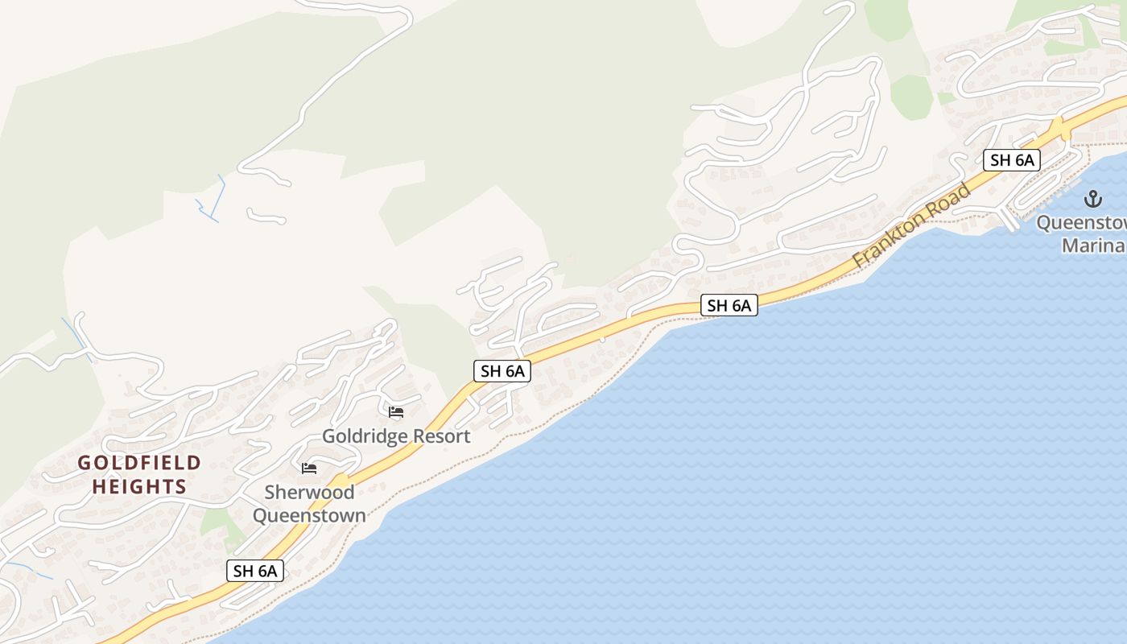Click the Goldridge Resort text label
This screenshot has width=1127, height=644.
point(396,436)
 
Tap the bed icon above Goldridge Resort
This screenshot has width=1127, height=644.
point(396,412)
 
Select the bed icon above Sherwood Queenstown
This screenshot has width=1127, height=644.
point(309,469)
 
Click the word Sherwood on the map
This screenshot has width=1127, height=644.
point(309,492)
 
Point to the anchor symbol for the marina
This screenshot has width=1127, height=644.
point(1093,198)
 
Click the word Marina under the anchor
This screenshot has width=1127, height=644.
point(1093,246)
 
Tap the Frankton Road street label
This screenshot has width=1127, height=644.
point(912,226)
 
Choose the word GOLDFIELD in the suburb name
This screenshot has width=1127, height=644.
point(139,463)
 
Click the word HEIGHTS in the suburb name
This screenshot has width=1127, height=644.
point(139,487)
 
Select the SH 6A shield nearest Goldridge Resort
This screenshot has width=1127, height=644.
point(502,371)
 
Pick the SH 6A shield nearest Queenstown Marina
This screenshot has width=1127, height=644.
point(1012,159)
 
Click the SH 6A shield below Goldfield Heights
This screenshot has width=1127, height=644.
point(255,571)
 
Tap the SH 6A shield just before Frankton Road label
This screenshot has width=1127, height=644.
point(729,305)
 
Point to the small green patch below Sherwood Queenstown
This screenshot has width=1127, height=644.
point(216,521)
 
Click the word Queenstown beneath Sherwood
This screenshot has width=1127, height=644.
point(309,515)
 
